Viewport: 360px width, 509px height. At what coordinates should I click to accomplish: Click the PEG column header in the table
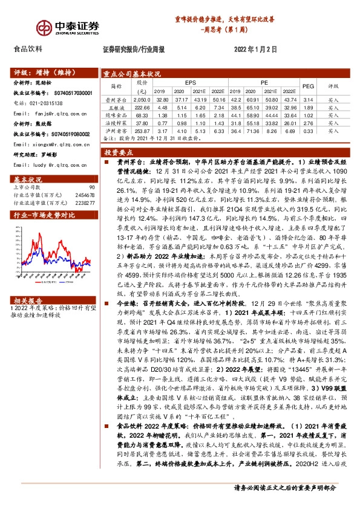coord(308,86)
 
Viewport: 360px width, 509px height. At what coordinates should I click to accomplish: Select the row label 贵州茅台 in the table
coord(115,99)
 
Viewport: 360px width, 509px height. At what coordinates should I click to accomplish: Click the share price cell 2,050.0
coord(142,99)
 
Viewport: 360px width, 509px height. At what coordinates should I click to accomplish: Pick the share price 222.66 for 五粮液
coord(142,106)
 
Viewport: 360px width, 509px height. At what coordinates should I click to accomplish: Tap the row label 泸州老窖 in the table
coord(115,130)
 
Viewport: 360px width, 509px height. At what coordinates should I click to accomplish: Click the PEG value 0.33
coord(307,130)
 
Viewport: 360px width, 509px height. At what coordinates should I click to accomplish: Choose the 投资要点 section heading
coord(119,154)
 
